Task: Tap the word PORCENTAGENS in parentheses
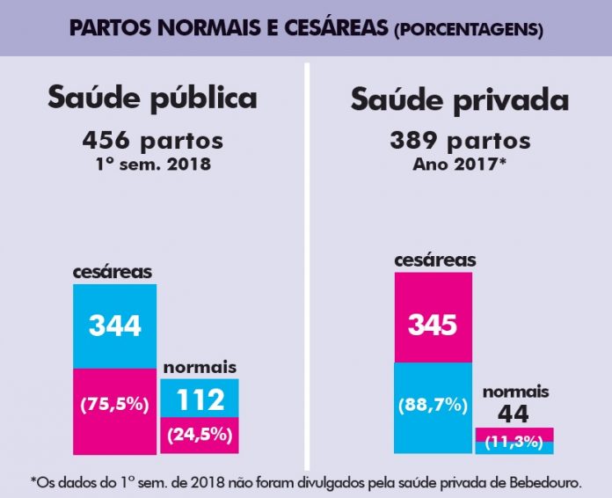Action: (468, 30)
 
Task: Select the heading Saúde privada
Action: (459, 99)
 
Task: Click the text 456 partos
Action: (153, 140)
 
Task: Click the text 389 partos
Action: (460, 140)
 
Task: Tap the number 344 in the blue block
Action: (114, 326)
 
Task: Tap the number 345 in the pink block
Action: (432, 326)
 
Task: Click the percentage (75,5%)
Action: (114, 406)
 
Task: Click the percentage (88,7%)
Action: (432, 406)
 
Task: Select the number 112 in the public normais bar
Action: (199, 400)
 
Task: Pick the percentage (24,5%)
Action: (199, 434)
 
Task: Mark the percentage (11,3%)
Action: (514, 442)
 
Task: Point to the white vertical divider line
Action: (307, 264)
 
